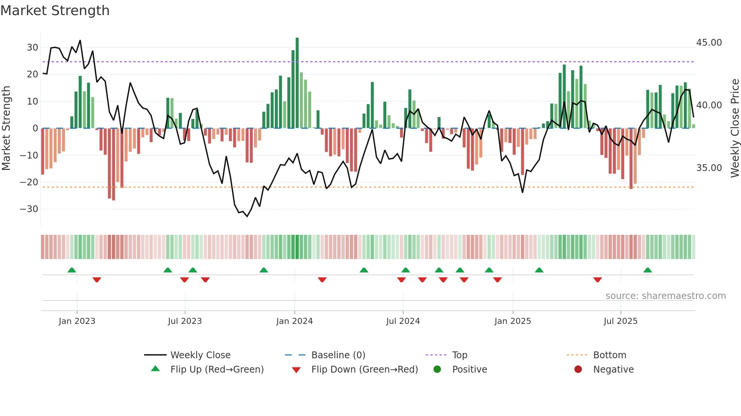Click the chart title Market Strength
55,11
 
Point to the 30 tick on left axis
32,48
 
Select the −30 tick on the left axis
29,209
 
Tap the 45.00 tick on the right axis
709,43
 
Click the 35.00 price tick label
709,168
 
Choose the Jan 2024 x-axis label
295,321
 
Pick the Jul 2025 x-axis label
620,321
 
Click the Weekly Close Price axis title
735,128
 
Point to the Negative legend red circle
578,369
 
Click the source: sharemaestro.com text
665,296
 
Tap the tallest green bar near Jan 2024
297,83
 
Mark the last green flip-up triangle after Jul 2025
648,270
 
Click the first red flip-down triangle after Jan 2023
97,280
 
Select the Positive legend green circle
437,369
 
